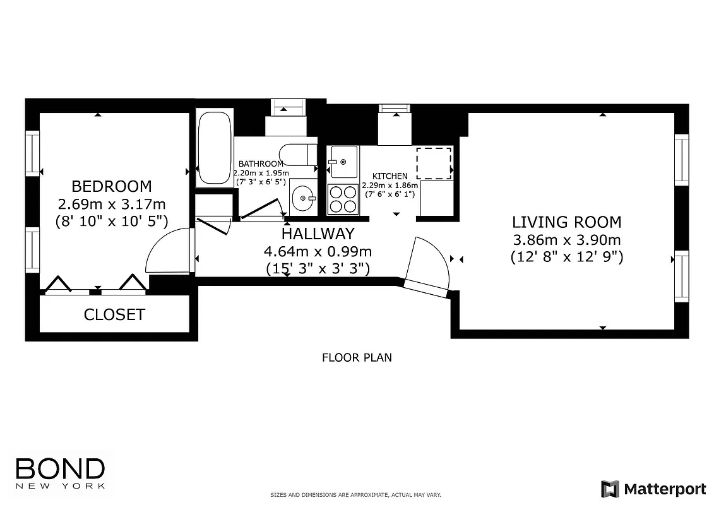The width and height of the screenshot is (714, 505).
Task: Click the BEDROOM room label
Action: (x=112, y=186)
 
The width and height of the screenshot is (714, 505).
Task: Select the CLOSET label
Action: (x=114, y=314)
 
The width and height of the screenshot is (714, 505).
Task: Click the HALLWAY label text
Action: (x=318, y=234)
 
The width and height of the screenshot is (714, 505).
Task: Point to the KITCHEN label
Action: (x=390, y=176)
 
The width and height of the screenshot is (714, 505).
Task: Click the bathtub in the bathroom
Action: (x=215, y=148)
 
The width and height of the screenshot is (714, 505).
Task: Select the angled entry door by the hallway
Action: (x=426, y=265)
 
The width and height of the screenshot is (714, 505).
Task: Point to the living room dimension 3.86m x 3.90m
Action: (x=566, y=240)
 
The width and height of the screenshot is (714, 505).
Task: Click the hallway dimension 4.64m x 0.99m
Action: (x=318, y=251)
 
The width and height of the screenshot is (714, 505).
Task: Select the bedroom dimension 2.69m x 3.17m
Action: (x=112, y=204)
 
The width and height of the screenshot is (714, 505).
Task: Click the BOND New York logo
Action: (x=60, y=473)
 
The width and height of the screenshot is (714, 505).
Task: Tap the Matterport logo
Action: (x=653, y=489)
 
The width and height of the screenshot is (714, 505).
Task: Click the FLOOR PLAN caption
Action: (x=357, y=358)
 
